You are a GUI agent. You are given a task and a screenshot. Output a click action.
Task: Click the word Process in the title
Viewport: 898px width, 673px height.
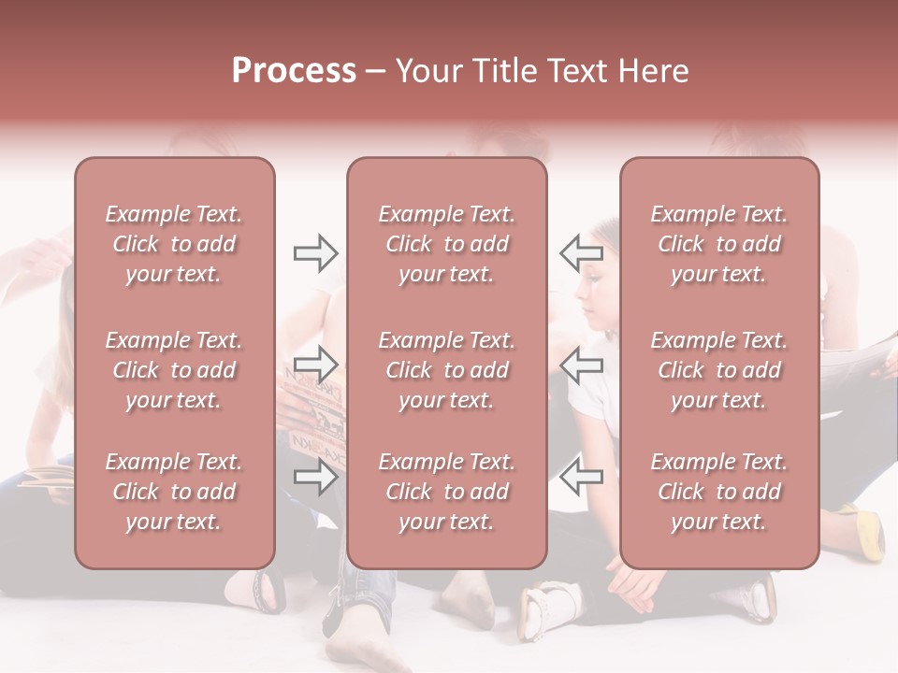294,71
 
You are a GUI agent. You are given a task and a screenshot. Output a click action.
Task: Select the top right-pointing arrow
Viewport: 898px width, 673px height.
315,253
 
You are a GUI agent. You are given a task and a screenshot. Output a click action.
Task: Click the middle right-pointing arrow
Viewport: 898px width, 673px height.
315,363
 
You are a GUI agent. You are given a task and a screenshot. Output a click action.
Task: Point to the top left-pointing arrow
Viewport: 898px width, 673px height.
582,253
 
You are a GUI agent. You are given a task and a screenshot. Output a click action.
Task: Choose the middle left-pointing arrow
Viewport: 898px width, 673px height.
582,364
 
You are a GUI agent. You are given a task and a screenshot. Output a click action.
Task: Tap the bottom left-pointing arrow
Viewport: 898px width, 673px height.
582,476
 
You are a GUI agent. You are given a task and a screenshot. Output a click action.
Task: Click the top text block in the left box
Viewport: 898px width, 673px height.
174,244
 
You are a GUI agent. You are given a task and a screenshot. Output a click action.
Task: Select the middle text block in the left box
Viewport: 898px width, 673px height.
174,370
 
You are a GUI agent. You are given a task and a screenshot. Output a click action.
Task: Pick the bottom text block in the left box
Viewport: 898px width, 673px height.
174,492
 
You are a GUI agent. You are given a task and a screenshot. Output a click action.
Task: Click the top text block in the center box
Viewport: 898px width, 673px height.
446,244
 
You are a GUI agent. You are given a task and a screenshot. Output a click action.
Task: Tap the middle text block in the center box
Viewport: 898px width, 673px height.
446,370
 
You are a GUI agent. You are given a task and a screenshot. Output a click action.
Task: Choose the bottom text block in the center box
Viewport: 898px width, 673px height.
446,492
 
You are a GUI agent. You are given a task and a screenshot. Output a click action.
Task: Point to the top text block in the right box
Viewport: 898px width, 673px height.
718,244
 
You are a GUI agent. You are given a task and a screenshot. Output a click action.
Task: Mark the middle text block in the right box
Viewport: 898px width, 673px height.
718,370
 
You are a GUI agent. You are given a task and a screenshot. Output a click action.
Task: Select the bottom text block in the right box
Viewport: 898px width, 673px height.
718,492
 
